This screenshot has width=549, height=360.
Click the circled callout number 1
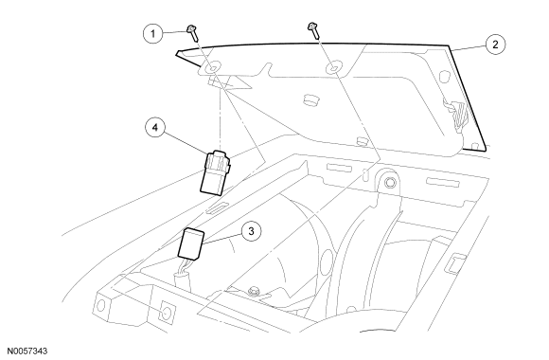coord(152,34)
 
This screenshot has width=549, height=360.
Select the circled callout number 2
coord(495,45)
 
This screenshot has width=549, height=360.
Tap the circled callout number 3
coord(251,231)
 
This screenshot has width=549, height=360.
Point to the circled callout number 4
coord(155,127)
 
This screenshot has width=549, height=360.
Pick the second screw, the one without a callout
coord(313,30)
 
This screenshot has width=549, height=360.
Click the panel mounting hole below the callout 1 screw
coord(213,69)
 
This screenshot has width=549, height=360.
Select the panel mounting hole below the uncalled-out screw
coord(332,68)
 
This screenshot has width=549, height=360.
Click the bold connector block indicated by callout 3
coord(191,243)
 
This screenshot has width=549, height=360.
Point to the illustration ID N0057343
coord(27,351)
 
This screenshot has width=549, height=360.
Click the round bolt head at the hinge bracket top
coord(389,182)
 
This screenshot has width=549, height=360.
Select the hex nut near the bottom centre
coord(252,291)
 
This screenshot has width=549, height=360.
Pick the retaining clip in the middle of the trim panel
coord(310,99)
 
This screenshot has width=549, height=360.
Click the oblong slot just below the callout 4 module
coord(216,207)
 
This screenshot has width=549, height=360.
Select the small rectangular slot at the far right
coord(456,263)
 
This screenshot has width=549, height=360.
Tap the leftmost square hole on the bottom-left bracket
coord(101,306)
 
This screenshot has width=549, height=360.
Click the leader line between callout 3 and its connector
coord(222,239)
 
